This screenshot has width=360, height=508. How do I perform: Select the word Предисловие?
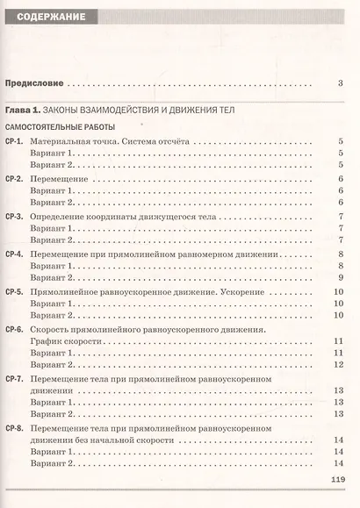pos(35,84)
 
